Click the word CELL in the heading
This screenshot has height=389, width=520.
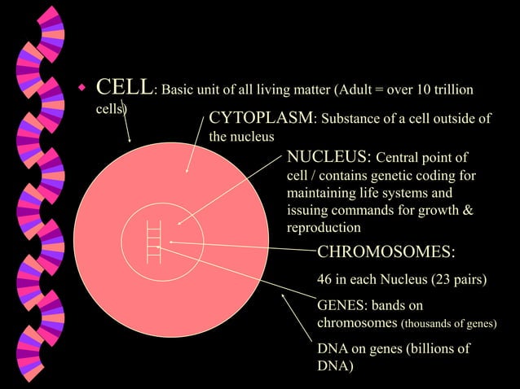[124, 87]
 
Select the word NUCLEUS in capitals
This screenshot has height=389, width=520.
[328, 156]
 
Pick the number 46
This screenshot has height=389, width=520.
[325, 281]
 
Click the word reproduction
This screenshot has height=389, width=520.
[324, 229]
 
